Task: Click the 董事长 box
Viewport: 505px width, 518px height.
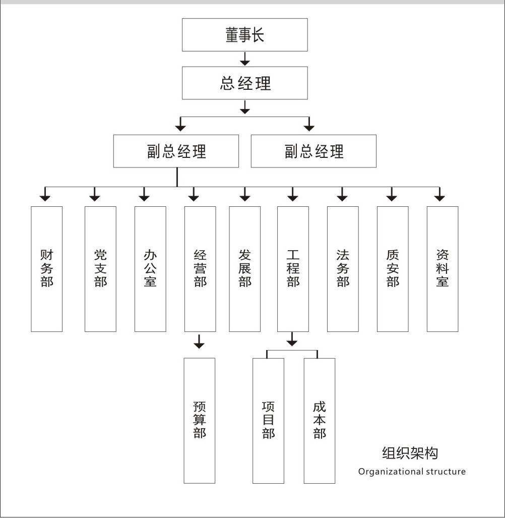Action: coord(244,35)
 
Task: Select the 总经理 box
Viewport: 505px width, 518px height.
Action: coord(244,83)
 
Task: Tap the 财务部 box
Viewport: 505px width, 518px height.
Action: coord(46,269)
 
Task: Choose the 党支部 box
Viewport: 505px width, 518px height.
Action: coord(100,269)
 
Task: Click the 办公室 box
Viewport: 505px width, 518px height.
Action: coord(150,269)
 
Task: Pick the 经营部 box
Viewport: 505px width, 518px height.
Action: coord(200,269)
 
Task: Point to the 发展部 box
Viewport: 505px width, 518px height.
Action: coord(244,269)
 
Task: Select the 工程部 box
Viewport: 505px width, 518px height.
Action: coord(293,269)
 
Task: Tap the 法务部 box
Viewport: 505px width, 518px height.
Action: coord(343,269)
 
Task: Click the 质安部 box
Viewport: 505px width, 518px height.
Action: coord(393,269)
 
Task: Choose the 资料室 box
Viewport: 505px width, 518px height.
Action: coord(443,269)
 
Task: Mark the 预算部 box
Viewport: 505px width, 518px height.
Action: coord(200,421)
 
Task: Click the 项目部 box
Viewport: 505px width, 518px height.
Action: coord(268,421)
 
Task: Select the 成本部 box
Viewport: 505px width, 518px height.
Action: coord(319,421)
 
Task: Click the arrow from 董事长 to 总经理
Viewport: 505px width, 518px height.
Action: coord(244,59)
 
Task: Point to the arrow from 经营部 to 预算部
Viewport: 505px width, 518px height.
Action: coord(199,341)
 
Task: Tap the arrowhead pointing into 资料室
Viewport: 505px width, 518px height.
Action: coord(439,198)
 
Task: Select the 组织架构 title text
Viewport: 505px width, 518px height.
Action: coord(410,453)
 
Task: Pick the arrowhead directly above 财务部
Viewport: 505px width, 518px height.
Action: coord(45,198)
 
